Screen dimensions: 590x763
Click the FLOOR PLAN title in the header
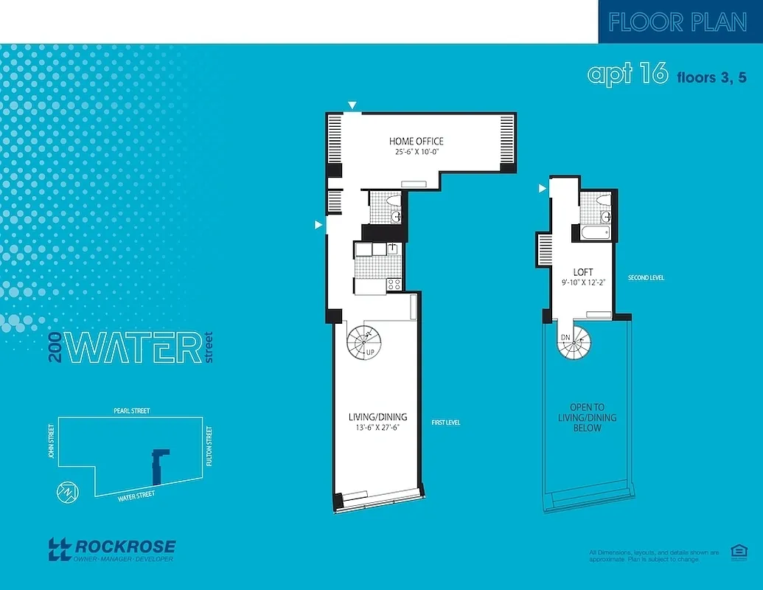point(677,22)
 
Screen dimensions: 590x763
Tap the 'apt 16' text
point(627,74)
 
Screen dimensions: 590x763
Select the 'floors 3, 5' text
point(711,76)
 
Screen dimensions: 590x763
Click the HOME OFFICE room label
point(416,141)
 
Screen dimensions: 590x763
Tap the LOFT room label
point(583,272)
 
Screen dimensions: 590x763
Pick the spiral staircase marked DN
point(574,342)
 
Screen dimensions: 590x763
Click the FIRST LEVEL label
point(446,423)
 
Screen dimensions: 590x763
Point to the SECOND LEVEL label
point(646,278)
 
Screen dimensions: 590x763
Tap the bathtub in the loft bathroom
point(594,233)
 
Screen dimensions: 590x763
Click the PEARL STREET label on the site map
point(132,411)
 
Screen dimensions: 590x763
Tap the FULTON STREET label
point(210,446)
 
